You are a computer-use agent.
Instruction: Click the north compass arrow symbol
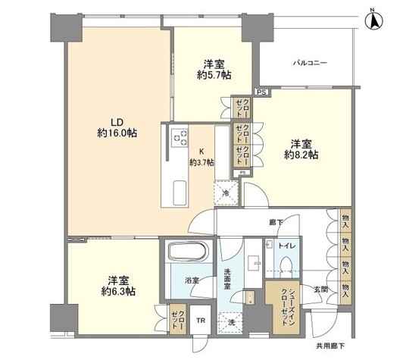point(373,21)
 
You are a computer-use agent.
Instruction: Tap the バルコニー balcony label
point(311,63)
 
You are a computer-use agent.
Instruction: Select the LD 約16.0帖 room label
point(117,128)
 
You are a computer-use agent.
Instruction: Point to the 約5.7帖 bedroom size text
point(214,75)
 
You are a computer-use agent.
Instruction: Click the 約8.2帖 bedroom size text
point(301,155)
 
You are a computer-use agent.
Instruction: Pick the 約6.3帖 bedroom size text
point(118,291)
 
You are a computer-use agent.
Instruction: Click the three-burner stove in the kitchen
point(180,138)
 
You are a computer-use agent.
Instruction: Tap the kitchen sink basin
point(180,193)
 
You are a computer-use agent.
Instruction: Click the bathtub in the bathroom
point(188,252)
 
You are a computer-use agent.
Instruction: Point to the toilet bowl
point(286,267)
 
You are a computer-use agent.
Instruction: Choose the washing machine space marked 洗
point(230,323)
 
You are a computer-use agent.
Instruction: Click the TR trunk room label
point(201,321)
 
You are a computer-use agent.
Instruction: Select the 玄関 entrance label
point(320,290)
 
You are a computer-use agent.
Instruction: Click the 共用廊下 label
point(330,346)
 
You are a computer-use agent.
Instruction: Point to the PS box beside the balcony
point(262,92)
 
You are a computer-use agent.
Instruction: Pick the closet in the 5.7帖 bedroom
point(242,108)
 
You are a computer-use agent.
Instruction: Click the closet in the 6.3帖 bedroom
point(178,319)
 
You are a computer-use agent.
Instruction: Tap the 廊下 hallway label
point(276,222)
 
